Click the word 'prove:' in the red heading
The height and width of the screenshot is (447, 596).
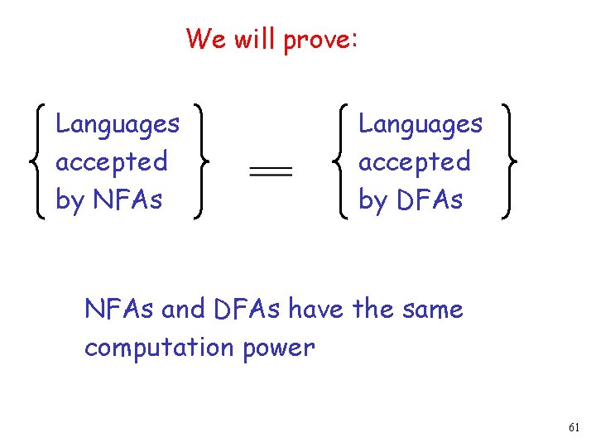coord(321,39)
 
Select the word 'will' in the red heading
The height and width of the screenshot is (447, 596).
coord(255,38)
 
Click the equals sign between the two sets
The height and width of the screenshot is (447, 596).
coord(271,171)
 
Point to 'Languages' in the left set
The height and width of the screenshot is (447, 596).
coord(118,125)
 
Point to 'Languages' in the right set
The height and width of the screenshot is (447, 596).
coord(421,125)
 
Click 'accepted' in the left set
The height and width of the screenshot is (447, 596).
coord(112,161)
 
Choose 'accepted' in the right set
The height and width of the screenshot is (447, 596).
coord(415,161)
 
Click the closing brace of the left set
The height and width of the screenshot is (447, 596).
coord(199,161)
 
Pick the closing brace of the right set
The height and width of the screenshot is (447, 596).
coord(504,161)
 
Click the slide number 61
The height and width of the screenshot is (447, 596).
coord(574,427)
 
